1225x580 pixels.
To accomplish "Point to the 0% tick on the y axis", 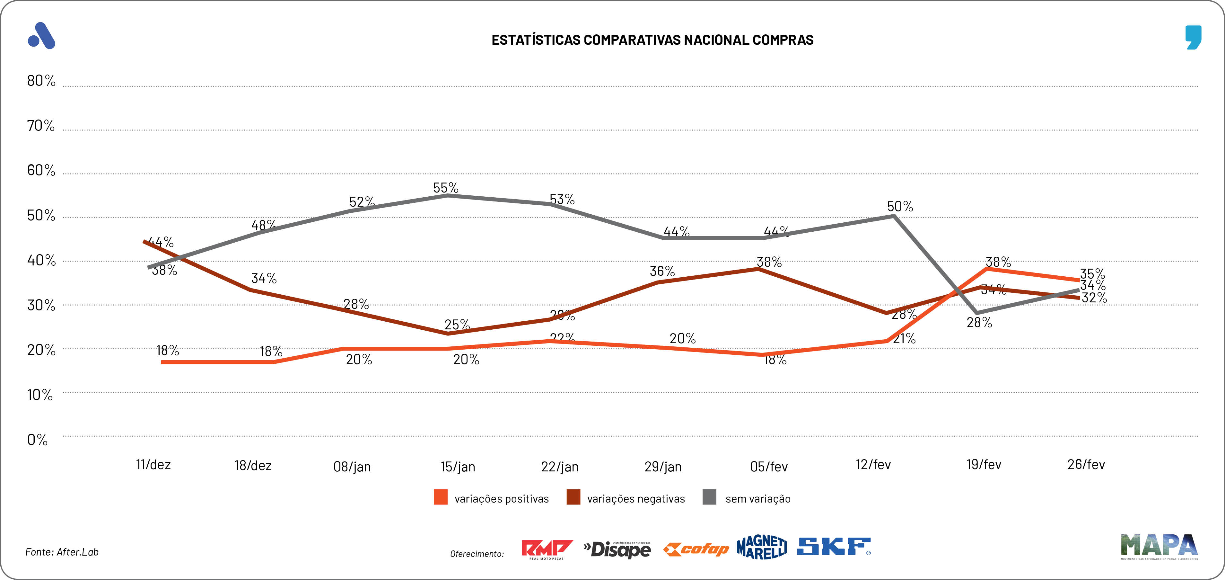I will [38, 440].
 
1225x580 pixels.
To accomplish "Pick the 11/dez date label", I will [153, 464].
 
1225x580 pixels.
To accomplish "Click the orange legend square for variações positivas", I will [440, 497].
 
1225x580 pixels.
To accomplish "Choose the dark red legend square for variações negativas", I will [573, 497].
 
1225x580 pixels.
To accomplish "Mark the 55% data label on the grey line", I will [446, 188].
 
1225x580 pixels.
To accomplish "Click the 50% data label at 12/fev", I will [900, 207].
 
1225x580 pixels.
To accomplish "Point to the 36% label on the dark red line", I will [662, 271].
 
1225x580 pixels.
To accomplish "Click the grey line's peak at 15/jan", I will [448, 195].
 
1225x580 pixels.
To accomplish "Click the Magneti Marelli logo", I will [761, 547].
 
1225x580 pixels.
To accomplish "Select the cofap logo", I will [696, 549].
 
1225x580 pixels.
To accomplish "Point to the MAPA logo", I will [1159, 546].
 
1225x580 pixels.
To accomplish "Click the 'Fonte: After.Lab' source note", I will [62, 552].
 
